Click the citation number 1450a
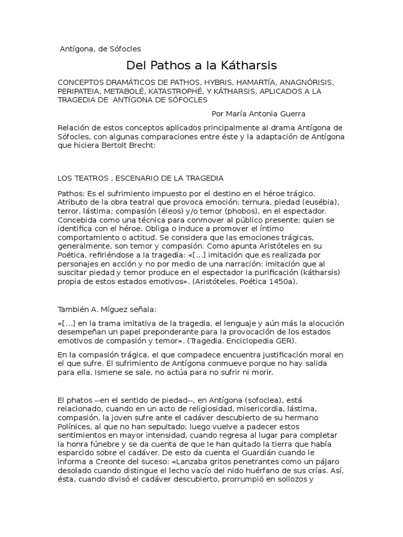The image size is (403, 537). coord(279,281)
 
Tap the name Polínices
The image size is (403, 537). coord(76,427)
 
